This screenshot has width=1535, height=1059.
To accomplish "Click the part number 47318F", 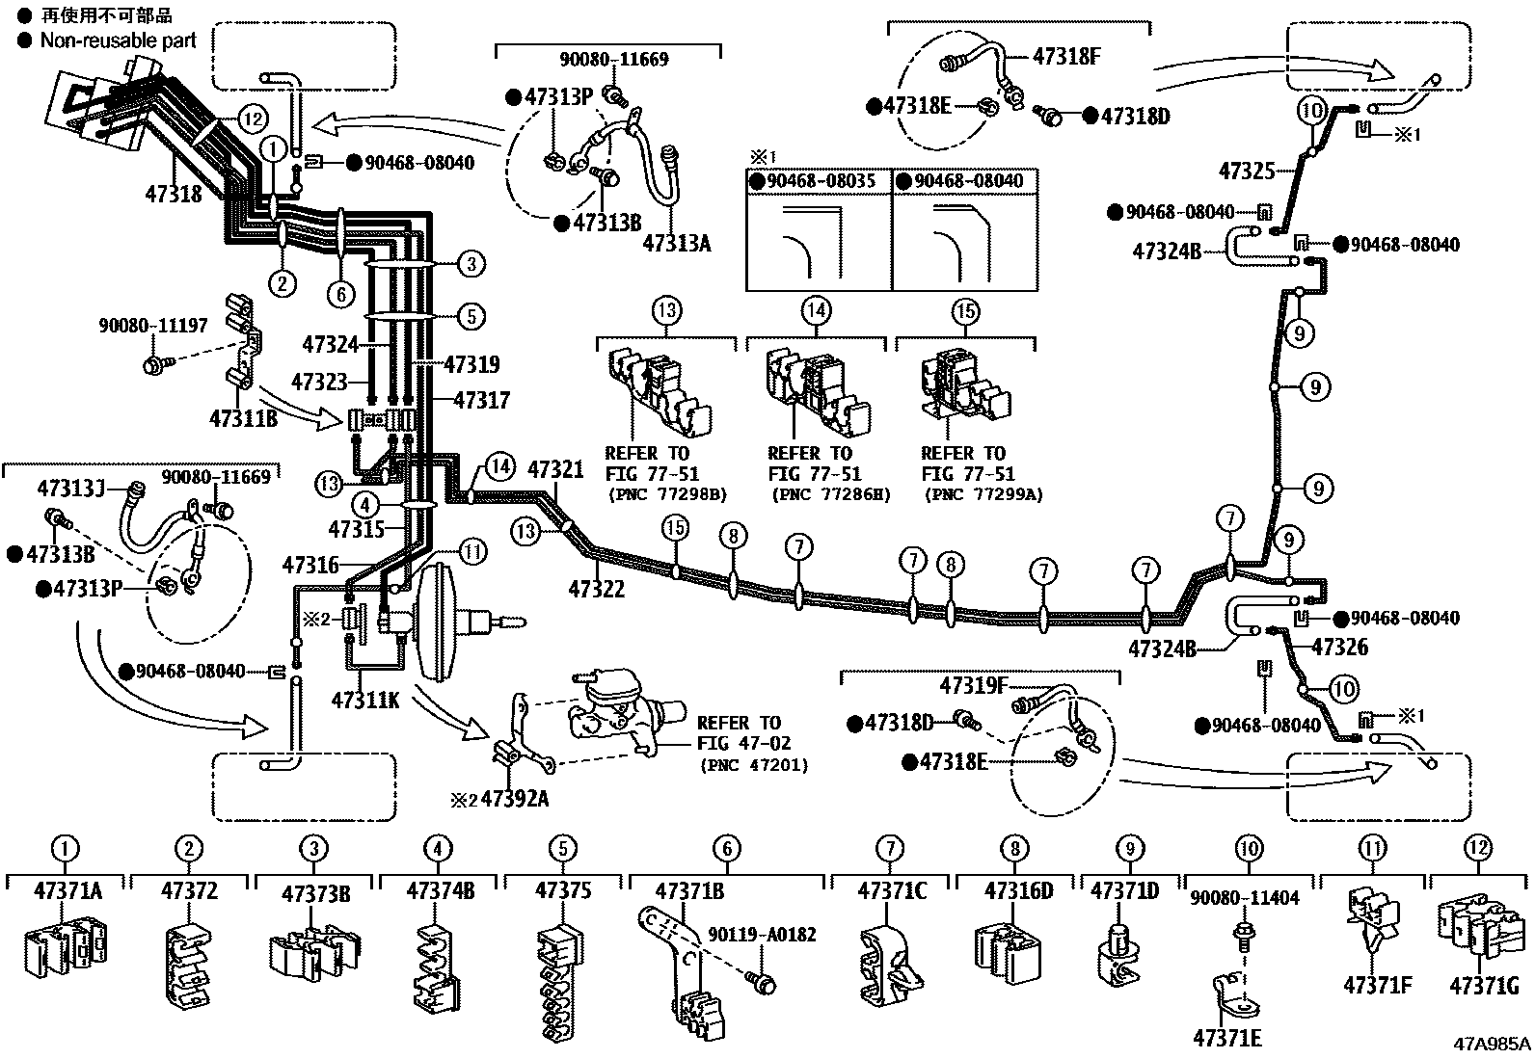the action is point(1066,57).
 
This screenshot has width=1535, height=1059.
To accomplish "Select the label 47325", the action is point(1247,171).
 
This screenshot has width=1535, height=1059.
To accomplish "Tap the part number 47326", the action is point(1339,647).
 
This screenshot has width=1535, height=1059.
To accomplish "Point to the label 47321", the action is point(555,470).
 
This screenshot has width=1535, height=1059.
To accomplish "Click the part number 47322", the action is point(597,589).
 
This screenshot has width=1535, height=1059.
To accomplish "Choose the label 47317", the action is point(482,400).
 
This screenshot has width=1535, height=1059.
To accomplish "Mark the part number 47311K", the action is point(365,701).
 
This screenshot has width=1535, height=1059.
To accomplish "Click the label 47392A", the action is point(515,799).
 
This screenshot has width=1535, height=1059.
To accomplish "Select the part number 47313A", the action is point(677,243).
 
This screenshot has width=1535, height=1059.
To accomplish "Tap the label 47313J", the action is point(70,489).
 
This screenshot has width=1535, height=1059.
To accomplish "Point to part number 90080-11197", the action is point(152,325).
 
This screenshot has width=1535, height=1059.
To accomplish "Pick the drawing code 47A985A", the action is point(1492,1044).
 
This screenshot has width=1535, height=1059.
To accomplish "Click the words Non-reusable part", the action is point(118,40).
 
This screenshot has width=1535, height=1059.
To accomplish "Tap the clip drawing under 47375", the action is point(561,981).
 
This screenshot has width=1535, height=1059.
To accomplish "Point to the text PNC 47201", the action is point(754,764).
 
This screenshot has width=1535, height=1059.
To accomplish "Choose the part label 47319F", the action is point(973,686).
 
